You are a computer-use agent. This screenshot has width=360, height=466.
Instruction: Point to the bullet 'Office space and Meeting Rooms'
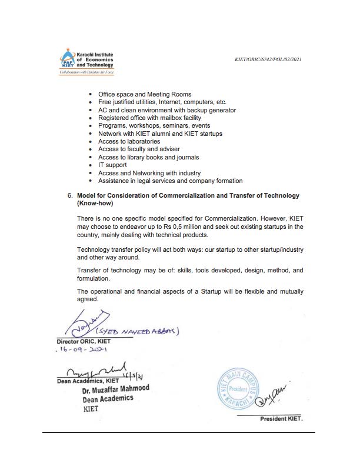tap(144, 94)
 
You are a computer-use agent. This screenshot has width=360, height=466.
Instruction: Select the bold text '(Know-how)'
tap(95, 202)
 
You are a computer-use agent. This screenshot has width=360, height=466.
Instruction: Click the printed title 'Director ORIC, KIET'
tap(84, 341)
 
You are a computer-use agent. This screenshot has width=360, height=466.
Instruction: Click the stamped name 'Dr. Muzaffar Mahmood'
tap(116, 389)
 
